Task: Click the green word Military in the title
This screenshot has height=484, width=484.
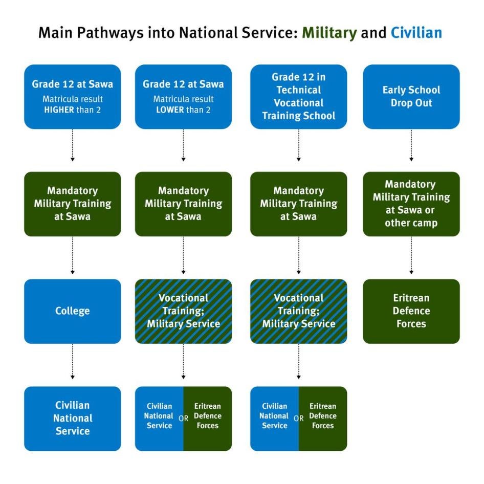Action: pyautogui.click(x=329, y=33)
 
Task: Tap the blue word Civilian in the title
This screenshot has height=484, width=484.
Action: pyautogui.click(x=416, y=33)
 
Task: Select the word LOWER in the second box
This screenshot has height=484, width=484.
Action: pyautogui.click(x=169, y=109)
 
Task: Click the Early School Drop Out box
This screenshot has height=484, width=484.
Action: pyautogui.click(x=411, y=96)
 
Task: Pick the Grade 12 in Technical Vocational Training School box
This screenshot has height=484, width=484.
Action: pyautogui.click(x=298, y=96)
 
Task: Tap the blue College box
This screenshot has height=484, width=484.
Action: pyautogui.click(x=73, y=311)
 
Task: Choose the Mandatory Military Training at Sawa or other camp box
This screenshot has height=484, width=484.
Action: pyautogui.click(x=411, y=204)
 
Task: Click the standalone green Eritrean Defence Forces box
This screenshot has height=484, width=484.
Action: pyautogui.click(x=411, y=311)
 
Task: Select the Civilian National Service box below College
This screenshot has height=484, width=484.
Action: pyautogui.click(x=73, y=418)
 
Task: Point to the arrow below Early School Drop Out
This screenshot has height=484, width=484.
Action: pyautogui.click(x=411, y=146)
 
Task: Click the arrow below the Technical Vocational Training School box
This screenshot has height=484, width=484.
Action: pyautogui.click(x=298, y=146)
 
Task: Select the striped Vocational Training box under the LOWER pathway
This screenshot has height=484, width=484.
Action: pyautogui.click(x=183, y=311)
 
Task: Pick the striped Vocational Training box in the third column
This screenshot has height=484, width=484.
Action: pyautogui.click(x=298, y=311)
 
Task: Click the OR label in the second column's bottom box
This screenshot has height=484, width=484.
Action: pyautogui.click(x=183, y=419)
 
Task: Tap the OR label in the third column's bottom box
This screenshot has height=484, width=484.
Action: pyautogui.click(x=299, y=419)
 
